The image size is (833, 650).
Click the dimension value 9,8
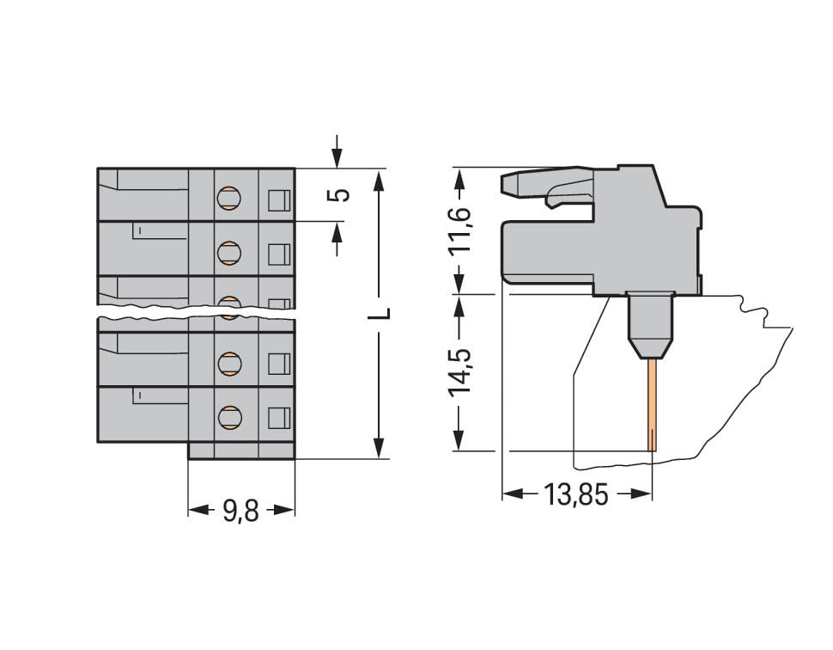click(x=240, y=511)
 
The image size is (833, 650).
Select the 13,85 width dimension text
click(x=575, y=494)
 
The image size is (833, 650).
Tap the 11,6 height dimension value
click(x=461, y=229)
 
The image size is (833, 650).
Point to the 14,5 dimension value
click(x=461, y=371)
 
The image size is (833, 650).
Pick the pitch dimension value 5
click(x=341, y=194)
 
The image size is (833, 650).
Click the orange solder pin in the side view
click(x=653, y=404)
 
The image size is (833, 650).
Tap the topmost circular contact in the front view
click(x=228, y=199)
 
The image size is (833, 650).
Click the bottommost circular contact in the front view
click(x=228, y=418)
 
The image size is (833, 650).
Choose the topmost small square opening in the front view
click(x=279, y=200)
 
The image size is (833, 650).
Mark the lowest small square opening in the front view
click(x=279, y=419)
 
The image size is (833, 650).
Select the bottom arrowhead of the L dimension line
click(x=379, y=447)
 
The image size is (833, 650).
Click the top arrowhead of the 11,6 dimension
click(x=461, y=178)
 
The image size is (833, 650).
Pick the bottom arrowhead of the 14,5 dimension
click(x=461, y=439)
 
